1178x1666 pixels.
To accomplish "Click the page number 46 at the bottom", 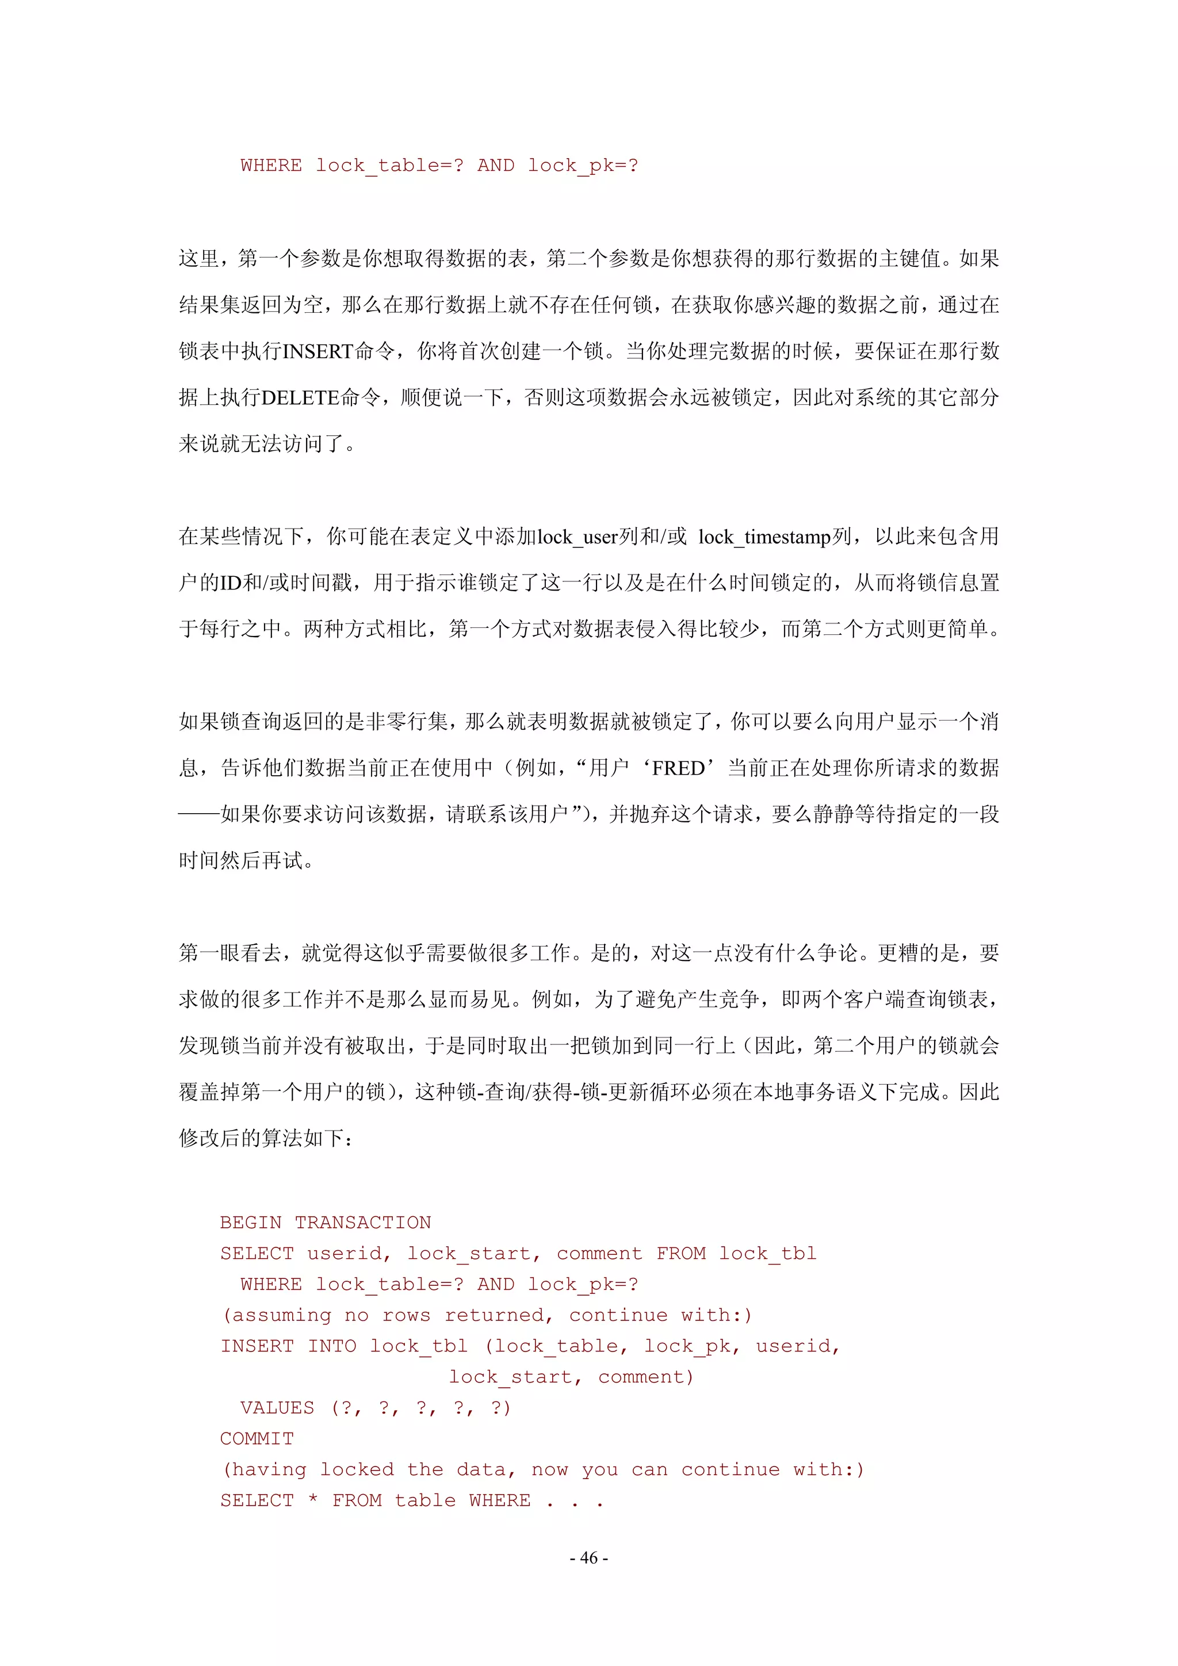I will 588,1557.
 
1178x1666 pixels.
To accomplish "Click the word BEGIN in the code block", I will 250,1223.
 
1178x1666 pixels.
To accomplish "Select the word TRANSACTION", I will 363,1223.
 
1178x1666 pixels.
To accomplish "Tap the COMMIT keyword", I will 257,1439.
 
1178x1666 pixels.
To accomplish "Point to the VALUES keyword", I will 277,1408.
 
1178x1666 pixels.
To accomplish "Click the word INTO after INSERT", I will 332,1346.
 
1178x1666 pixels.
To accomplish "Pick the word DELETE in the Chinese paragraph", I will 300,397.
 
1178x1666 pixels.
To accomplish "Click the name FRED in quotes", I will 678,768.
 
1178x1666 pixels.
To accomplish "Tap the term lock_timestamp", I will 764,537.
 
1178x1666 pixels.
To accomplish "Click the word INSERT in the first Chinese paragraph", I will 317,351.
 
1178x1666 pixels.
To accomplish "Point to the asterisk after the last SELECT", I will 313,1500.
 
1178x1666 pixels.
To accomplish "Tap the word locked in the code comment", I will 357,1469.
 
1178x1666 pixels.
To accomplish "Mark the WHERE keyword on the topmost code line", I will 271,166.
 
